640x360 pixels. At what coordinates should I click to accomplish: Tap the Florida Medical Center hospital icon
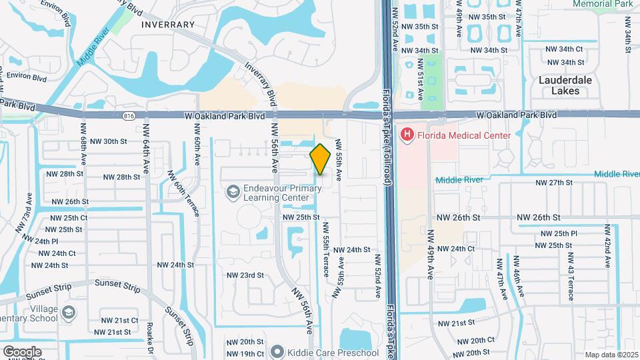pos(405,135)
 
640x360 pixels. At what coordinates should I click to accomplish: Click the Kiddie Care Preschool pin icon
pos(278,351)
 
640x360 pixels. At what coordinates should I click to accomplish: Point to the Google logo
pos(21,352)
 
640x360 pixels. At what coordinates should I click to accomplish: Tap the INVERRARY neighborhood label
pos(167,24)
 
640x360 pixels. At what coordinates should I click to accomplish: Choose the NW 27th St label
pos(555,183)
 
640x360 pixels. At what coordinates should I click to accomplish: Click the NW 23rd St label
pos(245,275)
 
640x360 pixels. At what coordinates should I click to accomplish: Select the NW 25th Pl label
pos(559,234)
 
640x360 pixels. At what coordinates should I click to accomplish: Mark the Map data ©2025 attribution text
pos(610,355)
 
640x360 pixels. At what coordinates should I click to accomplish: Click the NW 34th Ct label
pos(563,49)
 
